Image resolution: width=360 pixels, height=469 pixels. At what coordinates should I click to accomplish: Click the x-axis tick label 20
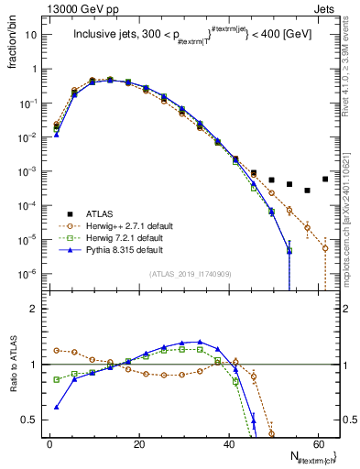click(138, 443)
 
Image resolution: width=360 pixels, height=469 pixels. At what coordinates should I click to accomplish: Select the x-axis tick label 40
click(228, 443)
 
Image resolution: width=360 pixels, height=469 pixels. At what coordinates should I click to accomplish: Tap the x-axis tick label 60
click(317, 443)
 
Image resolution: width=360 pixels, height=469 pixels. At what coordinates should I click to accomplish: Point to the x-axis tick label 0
click(49, 443)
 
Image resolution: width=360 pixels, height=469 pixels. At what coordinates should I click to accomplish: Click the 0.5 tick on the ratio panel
click(33, 420)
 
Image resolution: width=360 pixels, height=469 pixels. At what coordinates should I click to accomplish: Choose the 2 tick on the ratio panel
click(38, 310)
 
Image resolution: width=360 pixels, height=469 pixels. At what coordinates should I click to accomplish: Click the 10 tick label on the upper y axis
click(33, 35)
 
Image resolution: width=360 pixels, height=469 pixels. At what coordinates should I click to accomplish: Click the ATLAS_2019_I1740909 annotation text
click(191, 273)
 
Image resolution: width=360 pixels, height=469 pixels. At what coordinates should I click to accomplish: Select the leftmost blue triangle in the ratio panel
click(57, 408)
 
